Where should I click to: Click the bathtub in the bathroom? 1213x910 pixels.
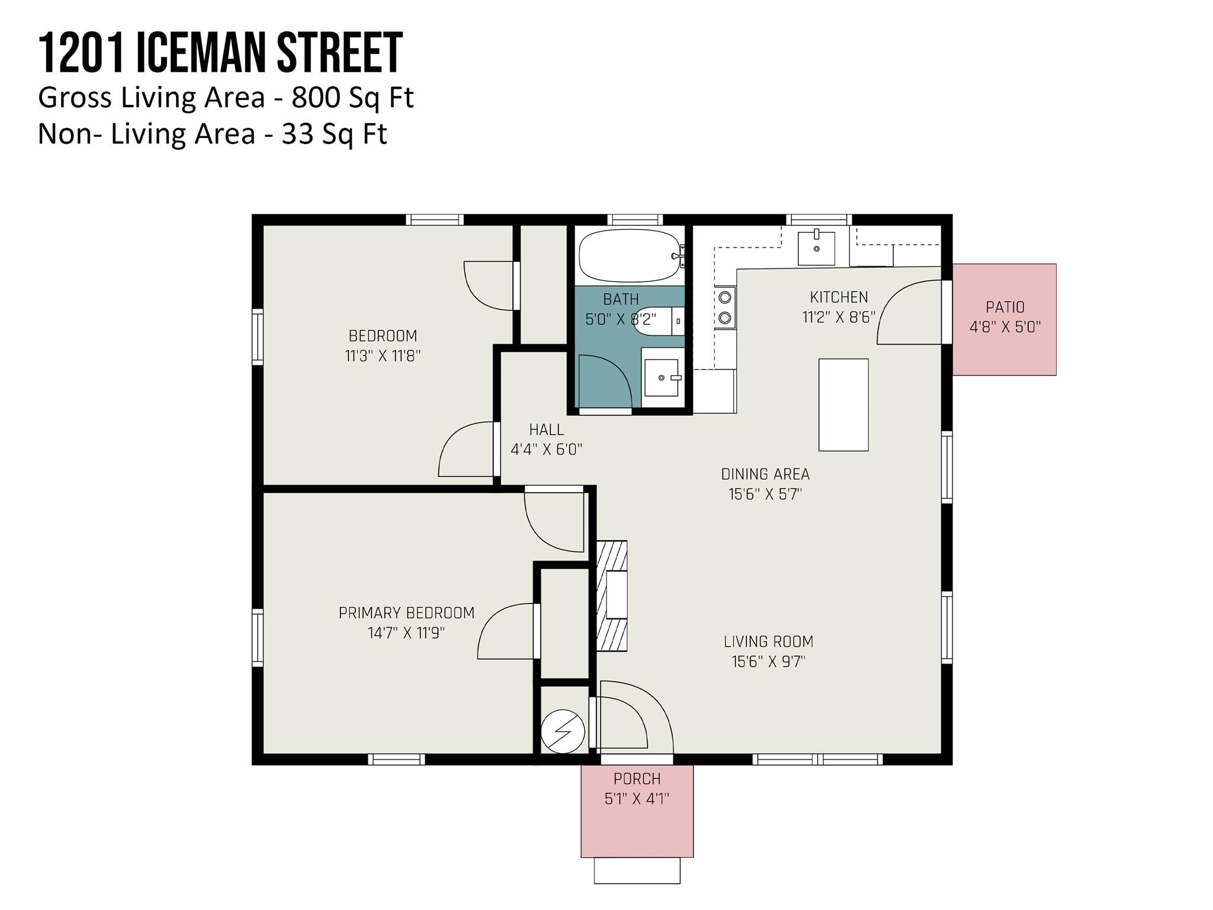(x=630, y=255)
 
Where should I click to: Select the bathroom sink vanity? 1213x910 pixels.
(x=663, y=377)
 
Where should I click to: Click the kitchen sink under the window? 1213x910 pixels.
(x=816, y=248)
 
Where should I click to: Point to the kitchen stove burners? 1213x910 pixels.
(x=724, y=307)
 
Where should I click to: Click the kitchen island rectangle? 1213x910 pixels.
(x=843, y=405)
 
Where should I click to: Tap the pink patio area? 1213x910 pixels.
(x=1005, y=319)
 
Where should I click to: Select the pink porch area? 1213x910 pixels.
(x=637, y=811)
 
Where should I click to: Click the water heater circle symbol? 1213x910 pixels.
(x=563, y=732)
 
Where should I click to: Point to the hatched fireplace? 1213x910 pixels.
(x=612, y=596)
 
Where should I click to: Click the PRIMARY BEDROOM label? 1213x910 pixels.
(x=406, y=613)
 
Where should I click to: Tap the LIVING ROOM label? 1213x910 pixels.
(x=768, y=641)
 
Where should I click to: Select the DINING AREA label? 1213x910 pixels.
(x=765, y=474)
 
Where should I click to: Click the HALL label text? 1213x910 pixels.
(x=546, y=430)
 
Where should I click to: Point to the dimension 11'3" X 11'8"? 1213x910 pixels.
(x=383, y=356)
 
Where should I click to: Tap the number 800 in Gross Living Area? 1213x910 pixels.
(x=316, y=98)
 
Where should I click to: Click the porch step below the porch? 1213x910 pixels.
(x=637, y=870)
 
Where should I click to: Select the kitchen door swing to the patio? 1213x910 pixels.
(x=909, y=312)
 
